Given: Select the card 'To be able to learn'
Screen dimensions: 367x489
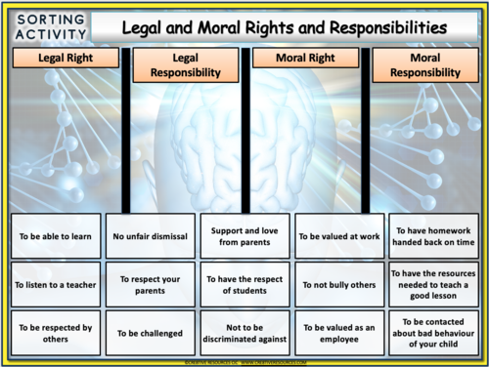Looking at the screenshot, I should [55, 234].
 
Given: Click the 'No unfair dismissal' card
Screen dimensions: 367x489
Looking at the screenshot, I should [150, 234].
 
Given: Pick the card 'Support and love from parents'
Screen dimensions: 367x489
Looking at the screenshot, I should [244, 234].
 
